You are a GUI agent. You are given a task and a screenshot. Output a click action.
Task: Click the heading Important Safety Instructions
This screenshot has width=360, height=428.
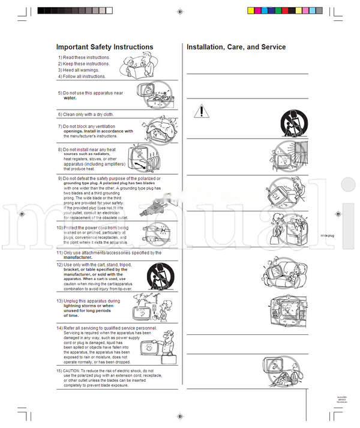tap(104, 47)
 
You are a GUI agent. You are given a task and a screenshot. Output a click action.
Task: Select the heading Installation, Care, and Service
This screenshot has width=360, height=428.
tap(236, 47)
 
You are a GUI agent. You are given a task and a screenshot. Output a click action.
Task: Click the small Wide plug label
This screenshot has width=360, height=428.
tap(343, 236)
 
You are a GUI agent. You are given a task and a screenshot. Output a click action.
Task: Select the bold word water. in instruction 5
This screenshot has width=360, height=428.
tap(70, 98)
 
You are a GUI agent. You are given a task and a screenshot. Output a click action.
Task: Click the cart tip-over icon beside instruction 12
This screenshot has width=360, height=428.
tap(158, 277)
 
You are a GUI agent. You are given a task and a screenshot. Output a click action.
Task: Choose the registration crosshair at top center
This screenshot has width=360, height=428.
tap(180, 11)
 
